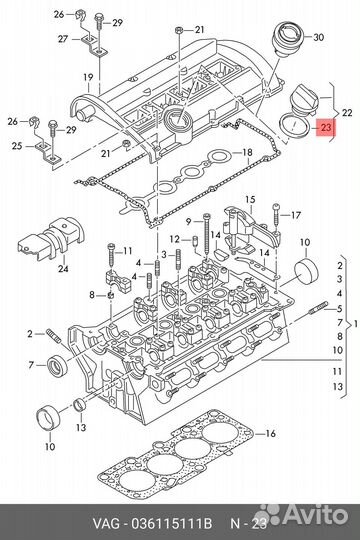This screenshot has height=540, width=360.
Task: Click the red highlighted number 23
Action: pos(326,128)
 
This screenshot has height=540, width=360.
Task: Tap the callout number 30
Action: pos(319,37)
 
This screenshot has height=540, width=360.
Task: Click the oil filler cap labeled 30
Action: pos(288,39)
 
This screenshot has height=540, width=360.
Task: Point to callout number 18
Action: pos(247,152)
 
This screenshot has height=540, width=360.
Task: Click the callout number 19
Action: pos(88,77)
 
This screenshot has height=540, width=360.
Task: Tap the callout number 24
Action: pos(63,268)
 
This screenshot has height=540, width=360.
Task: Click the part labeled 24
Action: pos(51,237)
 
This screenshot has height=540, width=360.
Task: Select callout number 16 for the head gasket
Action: pos(271,433)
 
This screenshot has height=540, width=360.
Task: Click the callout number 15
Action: pos(250,199)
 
